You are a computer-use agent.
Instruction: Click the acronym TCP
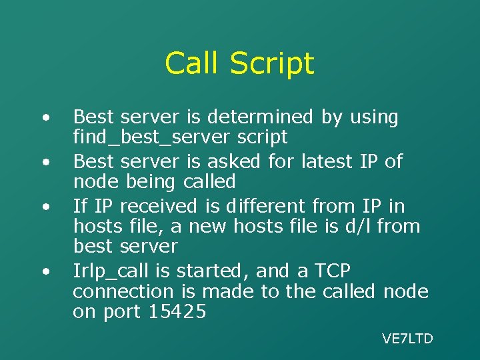(326, 271)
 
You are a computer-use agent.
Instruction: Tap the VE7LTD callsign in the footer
(407, 339)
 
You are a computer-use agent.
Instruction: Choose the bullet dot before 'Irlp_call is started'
(45, 272)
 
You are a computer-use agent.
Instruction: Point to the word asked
(237, 161)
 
